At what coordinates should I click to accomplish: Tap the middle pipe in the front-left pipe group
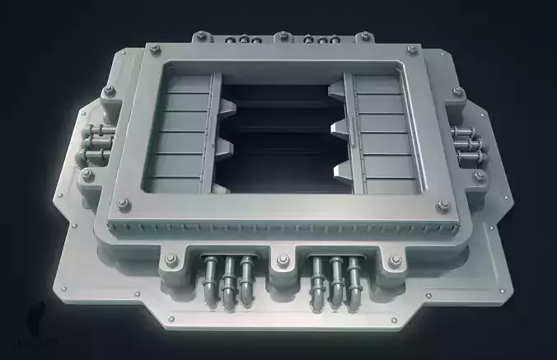click(227, 280)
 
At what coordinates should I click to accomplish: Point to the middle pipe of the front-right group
click(336, 281)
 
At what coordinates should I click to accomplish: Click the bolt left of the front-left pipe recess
click(171, 262)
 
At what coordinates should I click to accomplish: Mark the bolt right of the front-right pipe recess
click(394, 262)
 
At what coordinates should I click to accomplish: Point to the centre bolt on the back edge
click(282, 36)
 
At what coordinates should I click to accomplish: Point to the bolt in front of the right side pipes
click(478, 175)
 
